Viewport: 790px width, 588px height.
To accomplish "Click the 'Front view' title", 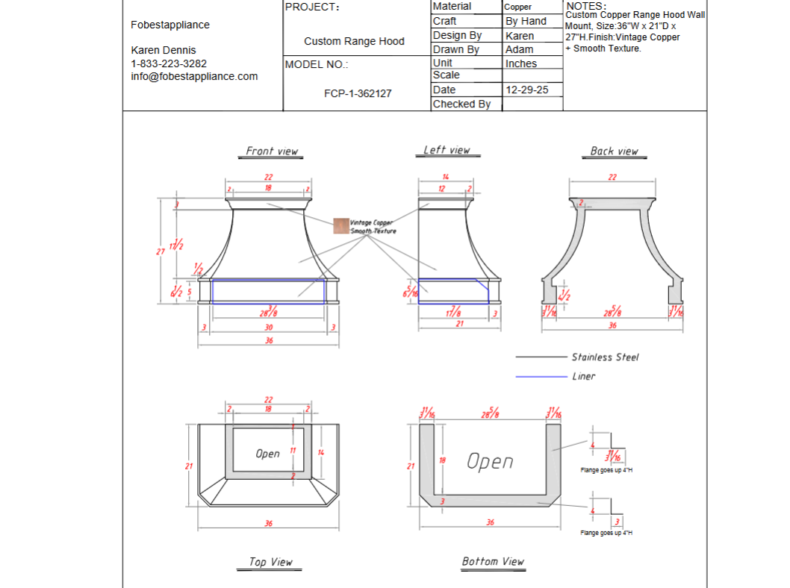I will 272,151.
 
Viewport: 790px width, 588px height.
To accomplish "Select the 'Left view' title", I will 447,150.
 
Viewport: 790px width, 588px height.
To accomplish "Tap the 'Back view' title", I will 614,151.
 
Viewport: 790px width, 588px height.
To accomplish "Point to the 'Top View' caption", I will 270,562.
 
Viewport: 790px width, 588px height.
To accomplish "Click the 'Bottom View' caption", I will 493,561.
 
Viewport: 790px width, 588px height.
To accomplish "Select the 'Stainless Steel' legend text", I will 605,357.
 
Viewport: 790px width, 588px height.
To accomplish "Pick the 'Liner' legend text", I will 583,377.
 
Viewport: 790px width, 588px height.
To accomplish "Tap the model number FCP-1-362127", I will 357,93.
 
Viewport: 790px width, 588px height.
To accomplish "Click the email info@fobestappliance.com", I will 194,76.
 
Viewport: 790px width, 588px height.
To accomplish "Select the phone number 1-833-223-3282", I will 169,63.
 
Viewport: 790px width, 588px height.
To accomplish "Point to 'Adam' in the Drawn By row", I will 519,49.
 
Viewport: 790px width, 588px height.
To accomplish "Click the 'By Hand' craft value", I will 526,21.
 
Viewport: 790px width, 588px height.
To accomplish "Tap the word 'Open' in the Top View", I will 267,454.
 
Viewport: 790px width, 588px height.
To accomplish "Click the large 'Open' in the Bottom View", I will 490,462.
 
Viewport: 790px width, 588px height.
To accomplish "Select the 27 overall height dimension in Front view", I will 160,251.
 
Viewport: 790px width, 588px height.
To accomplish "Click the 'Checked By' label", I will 461,104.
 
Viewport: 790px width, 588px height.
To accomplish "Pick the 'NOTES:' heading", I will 586,6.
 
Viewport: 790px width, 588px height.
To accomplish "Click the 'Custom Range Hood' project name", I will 354,41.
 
